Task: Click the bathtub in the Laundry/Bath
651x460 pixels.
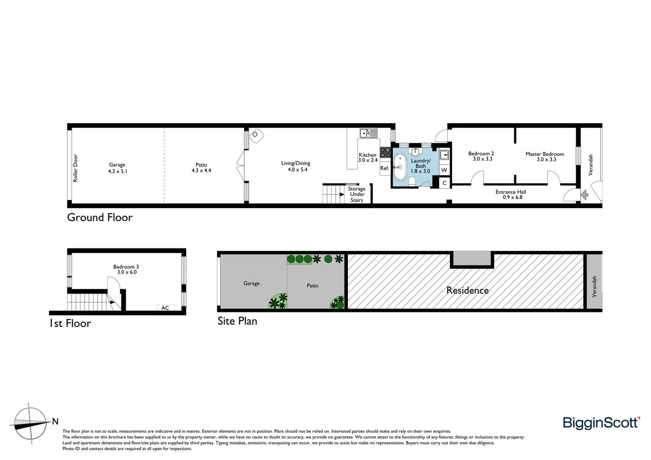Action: pos(400,167)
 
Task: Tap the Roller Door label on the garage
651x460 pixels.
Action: pos(75,168)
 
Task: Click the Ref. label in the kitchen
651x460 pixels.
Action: pos(384,168)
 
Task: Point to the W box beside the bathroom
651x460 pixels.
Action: pos(444,170)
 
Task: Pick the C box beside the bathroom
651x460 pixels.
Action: pos(444,183)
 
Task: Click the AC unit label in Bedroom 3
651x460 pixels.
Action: pos(165,308)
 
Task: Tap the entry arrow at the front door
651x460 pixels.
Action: pos(585,195)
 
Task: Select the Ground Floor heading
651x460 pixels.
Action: pos(100,217)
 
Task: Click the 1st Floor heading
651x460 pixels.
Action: pos(70,323)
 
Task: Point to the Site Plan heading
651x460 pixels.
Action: pos(237,321)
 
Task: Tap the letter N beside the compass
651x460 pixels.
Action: pos(55,422)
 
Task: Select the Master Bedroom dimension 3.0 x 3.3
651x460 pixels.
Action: pos(546,159)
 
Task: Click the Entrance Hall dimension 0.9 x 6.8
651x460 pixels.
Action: pos(512,197)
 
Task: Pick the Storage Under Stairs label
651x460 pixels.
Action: pos(357,194)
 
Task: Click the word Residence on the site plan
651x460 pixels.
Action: pos(467,290)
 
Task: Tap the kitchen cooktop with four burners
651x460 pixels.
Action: pos(385,152)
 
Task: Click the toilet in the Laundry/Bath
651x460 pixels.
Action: pos(412,182)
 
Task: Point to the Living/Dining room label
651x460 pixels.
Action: pos(296,163)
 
